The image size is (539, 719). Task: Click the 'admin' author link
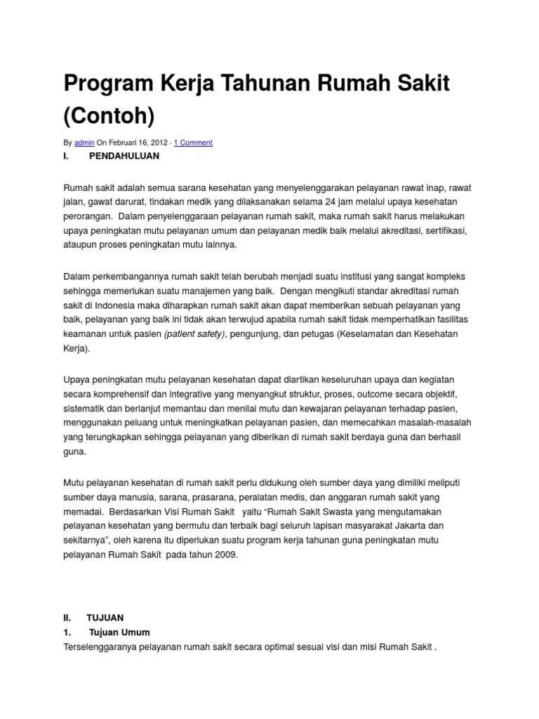(84, 143)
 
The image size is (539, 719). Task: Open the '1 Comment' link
(193, 143)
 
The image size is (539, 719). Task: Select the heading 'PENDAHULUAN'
(124, 156)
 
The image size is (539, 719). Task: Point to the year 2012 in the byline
(158, 143)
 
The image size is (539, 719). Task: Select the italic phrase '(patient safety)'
(195, 334)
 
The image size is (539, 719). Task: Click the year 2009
(226, 555)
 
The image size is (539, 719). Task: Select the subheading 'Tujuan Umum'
(119, 632)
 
